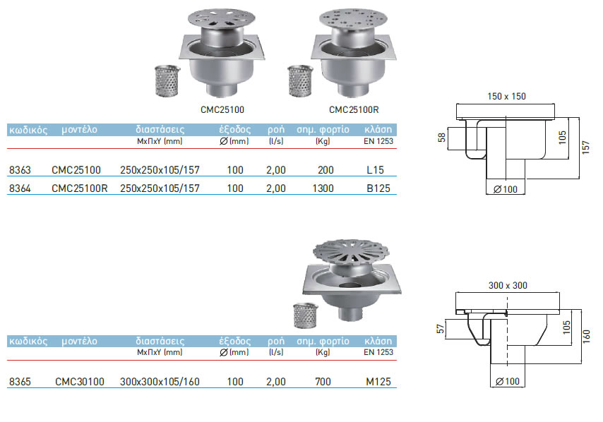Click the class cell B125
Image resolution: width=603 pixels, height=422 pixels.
click(378, 188)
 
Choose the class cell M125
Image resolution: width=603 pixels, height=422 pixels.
click(378, 382)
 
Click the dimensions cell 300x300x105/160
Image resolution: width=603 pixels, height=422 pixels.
click(160, 382)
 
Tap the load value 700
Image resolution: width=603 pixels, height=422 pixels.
click(324, 382)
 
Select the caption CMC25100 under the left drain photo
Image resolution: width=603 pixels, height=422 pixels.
click(223, 110)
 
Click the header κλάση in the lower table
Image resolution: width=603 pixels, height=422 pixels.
click(378, 342)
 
